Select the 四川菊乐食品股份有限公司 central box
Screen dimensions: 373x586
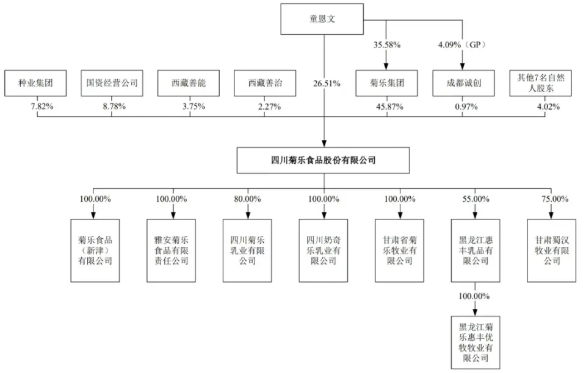pyautogui.click(x=323, y=160)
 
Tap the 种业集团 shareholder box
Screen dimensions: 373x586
pyautogui.click(x=38, y=83)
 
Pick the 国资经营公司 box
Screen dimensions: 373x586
pyautogui.click(x=112, y=83)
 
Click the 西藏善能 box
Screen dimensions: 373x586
pyautogui.click(x=189, y=83)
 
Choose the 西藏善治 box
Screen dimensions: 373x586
pyautogui.click(x=265, y=83)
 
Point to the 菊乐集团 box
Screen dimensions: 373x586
pyautogui.click(x=386, y=83)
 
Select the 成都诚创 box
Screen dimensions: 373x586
pyautogui.click(x=462, y=83)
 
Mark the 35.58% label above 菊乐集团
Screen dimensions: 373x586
pyautogui.click(x=386, y=44)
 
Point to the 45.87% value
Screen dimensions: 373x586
pyautogui.click(x=386, y=107)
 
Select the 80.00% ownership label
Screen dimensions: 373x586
pyautogui.click(x=247, y=199)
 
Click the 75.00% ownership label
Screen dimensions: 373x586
pyautogui.click(x=552, y=199)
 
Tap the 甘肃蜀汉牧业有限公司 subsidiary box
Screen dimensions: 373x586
pyautogui.click(x=552, y=250)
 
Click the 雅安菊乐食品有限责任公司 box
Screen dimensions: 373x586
pyautogui.click(x=172, y=250)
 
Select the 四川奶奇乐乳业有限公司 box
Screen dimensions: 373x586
pyautogui.click(x=324, y=250)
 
